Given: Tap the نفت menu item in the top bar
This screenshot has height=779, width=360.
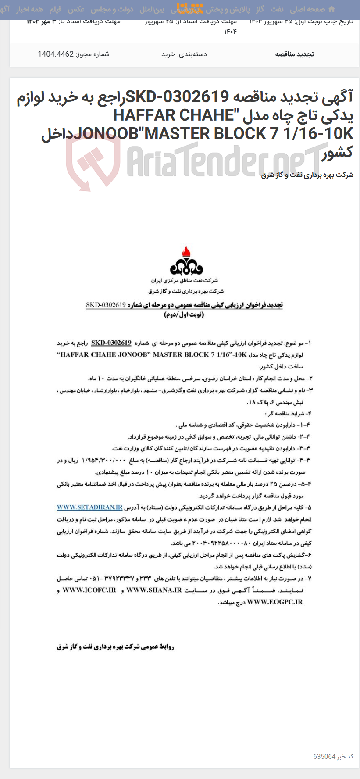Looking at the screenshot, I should (x=277, y=9).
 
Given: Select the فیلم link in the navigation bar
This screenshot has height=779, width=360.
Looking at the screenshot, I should (x=55, y=9).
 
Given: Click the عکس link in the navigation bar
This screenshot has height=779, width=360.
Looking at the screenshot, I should (x=76, y=9).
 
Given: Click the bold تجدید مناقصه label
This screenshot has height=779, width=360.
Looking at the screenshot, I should (x=295, y=54).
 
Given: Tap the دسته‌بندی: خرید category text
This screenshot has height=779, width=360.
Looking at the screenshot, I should (x=184, y=54).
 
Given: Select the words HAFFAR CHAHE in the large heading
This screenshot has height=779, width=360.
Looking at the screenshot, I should (x=173, y=115).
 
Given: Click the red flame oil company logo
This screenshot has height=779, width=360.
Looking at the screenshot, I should (x=186, y=261).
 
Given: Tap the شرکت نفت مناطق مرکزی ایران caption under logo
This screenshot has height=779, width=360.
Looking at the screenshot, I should (x=185, y=281).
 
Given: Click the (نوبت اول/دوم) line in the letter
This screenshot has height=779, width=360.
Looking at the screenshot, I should (x=184, y=315).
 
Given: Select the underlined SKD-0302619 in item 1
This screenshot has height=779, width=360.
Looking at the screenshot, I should (x=111, y=343).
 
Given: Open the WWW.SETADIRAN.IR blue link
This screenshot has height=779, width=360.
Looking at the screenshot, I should (x=90, y=507).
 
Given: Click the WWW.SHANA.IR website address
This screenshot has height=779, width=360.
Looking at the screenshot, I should (x=154, y=590).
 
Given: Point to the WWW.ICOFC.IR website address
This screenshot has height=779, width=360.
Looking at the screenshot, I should (x=89, y=590).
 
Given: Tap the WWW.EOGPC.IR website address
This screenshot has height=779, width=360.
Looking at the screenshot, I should (x=275, y=602).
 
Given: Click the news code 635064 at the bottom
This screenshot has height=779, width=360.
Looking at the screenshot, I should (x=324, y=757).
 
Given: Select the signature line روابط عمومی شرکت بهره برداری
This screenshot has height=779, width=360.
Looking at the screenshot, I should (x=115, y=647).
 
